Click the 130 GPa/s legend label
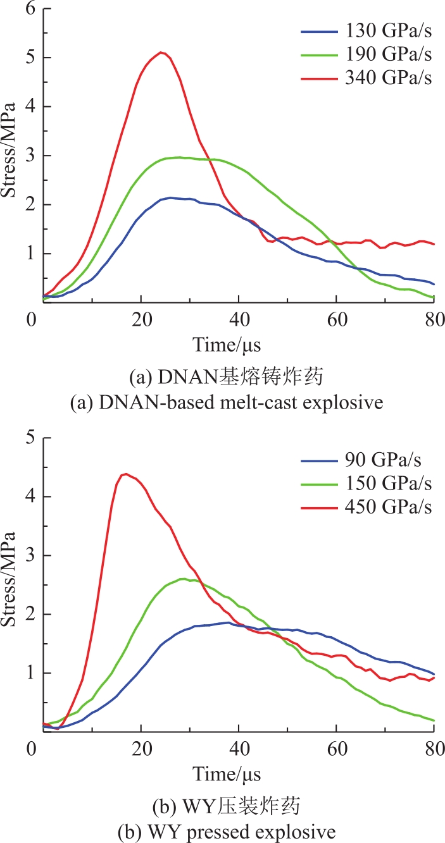pos(388,31)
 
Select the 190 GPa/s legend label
pos(388,54)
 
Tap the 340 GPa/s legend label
pos(388,78)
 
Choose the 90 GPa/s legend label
pos(383,460)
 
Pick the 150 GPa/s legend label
pos(388,483)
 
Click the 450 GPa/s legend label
pos(388,507)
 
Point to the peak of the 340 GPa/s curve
pos(161,52)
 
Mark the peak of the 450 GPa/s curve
pos(126,474)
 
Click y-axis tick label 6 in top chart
pos(30,8)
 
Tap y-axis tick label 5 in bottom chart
pos(30,438)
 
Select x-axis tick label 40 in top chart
pos(239,320)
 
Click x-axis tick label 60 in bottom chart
pos(337,749)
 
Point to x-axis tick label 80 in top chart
pos(434,320)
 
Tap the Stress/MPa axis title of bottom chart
pos(8,579)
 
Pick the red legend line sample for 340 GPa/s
pos(319,78)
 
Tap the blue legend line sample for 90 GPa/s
pos(319,460)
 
